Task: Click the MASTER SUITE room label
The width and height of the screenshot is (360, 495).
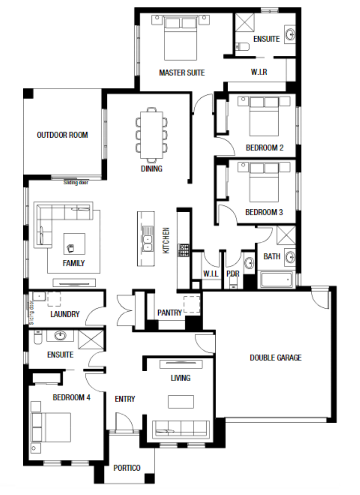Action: coord(182,73)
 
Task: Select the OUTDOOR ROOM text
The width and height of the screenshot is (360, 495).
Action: coord(62,135)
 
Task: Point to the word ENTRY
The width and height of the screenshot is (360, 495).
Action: coord(125,399)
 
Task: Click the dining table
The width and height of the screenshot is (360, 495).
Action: coord(151,135)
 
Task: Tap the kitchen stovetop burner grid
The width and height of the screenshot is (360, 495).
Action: coord(184,250)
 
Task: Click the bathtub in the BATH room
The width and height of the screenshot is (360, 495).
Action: coord(276,280)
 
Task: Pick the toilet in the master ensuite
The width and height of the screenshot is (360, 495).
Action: coord(242,47)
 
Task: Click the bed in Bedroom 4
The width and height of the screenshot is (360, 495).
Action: coord(51,427)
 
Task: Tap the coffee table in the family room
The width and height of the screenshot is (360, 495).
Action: coord(74,244)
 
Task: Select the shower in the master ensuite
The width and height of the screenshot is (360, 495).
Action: coord(245,22)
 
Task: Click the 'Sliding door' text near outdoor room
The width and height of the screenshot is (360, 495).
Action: coord(76,183)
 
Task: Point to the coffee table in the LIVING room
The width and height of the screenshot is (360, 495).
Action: coord(181,402)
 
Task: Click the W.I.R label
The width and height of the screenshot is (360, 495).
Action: coord(259,72)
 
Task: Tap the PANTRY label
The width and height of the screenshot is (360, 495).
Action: coord(170,313)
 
